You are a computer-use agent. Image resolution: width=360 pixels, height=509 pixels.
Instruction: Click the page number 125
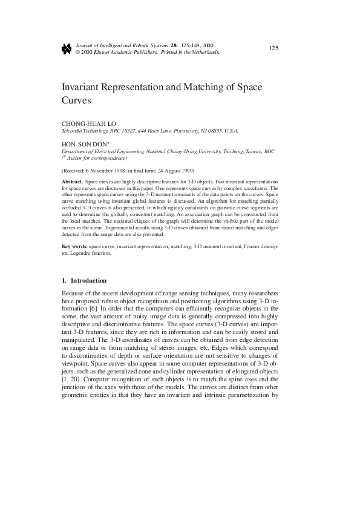[273, 48]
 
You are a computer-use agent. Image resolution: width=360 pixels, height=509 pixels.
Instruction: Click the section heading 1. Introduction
[85, 281]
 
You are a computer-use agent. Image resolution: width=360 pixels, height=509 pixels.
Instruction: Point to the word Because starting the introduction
[75, 293]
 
